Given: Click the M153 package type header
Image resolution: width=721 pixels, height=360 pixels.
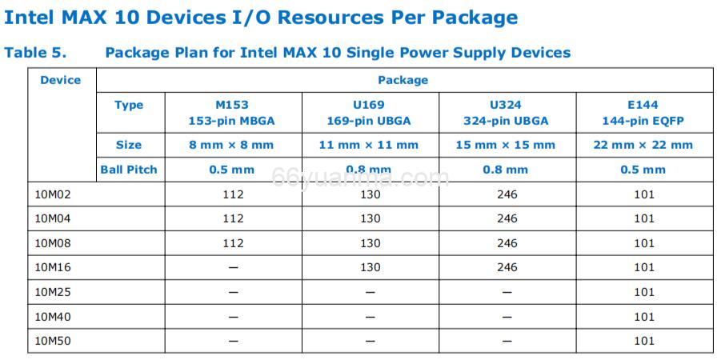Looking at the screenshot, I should (232, 112).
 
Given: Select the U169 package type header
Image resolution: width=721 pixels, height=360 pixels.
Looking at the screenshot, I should (369, 112).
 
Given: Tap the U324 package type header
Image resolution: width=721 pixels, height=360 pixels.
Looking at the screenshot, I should (506, 112).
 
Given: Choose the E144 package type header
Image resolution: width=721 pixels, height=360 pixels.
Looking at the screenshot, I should (643, 112).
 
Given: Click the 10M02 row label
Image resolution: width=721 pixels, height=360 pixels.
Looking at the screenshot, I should (54, 194).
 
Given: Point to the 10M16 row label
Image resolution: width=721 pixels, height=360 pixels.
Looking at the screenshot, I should (54, 267).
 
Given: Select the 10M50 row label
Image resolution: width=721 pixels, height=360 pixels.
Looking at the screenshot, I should (54, 341).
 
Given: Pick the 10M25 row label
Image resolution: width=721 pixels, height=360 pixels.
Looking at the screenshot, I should (54, 292).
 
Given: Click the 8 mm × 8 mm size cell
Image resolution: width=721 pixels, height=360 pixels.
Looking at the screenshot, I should (232, 145).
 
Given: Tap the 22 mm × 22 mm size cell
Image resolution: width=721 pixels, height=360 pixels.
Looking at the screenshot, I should (643, 145).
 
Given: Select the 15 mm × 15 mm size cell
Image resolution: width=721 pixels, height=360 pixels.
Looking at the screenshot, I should (506, 145).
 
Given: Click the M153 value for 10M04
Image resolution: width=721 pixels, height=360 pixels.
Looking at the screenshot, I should (233, 218).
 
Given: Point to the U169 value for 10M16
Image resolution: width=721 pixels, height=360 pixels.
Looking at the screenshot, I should (370, 267).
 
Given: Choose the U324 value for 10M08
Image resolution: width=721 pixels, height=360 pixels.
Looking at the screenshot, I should (507, 243).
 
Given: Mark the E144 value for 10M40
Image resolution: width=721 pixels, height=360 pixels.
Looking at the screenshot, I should (644, 317).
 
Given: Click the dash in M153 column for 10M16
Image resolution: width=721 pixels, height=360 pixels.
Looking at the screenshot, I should (233, 268).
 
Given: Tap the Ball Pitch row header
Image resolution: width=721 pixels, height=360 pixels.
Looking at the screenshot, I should (129, 170).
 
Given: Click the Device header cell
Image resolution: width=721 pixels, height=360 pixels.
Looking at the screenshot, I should (61, 80).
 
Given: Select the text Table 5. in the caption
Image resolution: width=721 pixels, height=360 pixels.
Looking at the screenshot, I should (35, 53).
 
